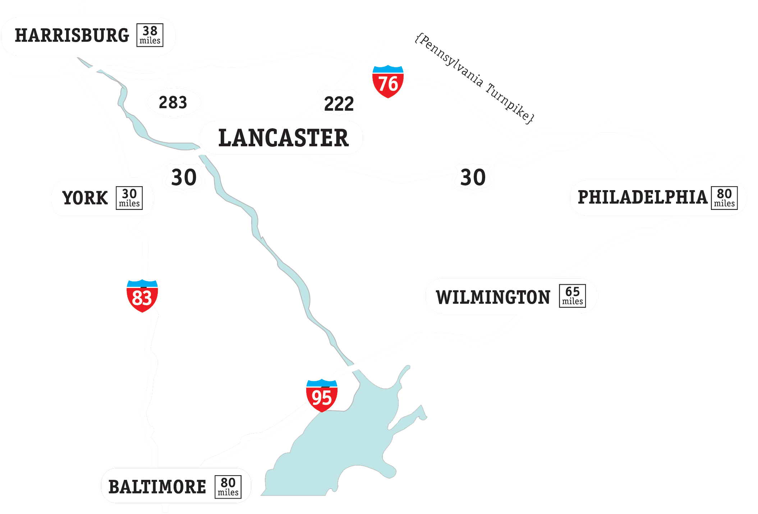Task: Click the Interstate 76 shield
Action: (388, 82)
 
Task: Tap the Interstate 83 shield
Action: (142, 296)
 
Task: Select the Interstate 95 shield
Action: (322, 396)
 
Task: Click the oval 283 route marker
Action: (174, 102)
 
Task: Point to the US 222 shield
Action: (339, 102)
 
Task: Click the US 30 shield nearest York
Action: (184, 177)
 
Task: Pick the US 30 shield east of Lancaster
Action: (473, 177)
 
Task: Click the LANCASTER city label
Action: (283, 138)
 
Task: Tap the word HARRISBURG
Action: (72, 36)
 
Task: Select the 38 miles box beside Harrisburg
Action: (150, 35)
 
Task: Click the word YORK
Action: (85, 198)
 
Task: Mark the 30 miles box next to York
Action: (129, 198)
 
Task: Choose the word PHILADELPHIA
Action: (642, 197)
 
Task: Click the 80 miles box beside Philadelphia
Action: (724, 198)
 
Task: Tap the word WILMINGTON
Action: (493, 297)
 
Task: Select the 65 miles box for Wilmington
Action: (572, 296)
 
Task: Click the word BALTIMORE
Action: (157, 487)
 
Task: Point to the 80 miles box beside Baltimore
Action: (228, 487)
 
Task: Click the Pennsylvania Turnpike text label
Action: (474, 78)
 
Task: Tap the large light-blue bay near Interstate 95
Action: (345, 442)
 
